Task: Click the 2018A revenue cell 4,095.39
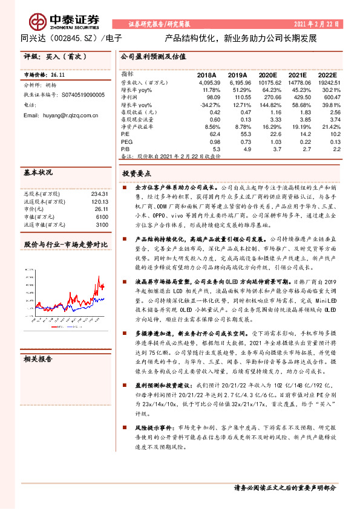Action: point(208,82)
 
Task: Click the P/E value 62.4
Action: point(214,134)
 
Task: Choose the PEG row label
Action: point(126,141)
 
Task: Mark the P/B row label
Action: point(126,148)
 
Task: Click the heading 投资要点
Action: point(136,173)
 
